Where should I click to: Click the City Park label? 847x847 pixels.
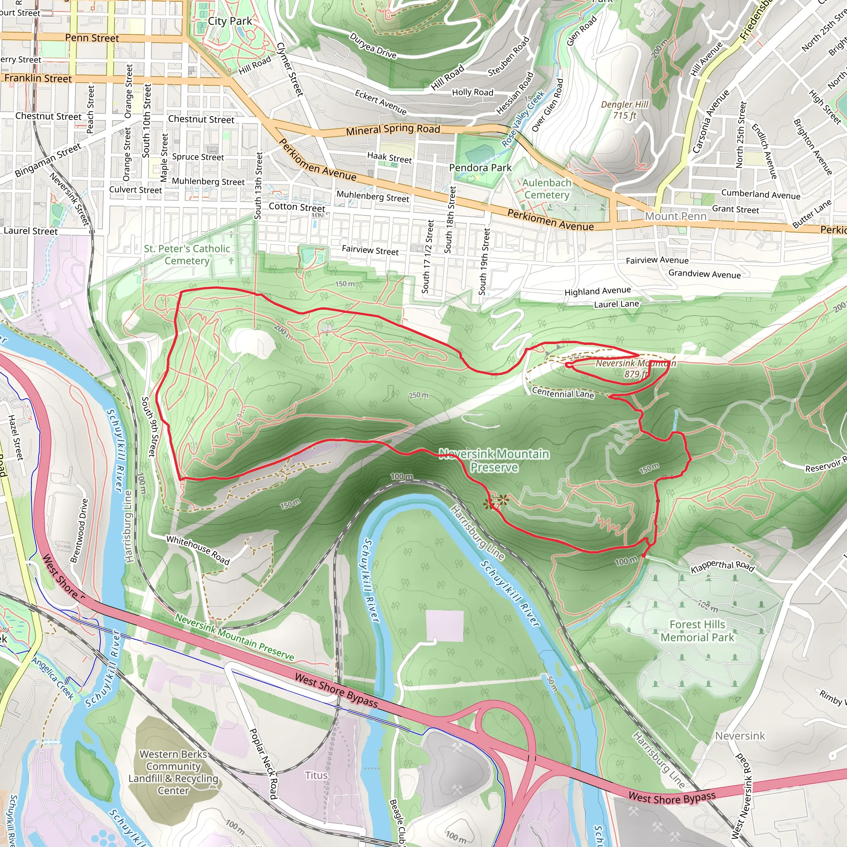tap(230, 21)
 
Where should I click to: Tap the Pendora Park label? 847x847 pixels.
tap(480, 167)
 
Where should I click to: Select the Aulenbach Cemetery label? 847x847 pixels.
tap(547, 189)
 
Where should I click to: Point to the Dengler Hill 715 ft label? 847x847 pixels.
tap(624, 110)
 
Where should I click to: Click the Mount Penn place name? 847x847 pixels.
tap(676, 216)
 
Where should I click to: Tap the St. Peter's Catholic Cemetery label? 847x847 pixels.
tap(187, 255)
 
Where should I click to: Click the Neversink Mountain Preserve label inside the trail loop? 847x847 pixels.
tap(494, 460)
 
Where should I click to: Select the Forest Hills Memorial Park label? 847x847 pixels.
tap(697, 630)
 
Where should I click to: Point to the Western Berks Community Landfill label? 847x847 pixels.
tap(173, 772)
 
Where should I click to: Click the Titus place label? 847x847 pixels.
tap(316, 775)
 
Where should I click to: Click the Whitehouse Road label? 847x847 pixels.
tap(198, 550)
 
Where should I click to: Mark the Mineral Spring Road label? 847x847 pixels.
tap(393, 129)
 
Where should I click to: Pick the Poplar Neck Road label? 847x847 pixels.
tap(263, 763)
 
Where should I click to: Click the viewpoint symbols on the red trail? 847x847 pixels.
tap(496, 502)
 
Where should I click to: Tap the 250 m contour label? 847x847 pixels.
tap(419, 395)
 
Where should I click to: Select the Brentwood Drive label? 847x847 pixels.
tap(79, 531)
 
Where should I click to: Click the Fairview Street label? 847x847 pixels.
tap(370, 250)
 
